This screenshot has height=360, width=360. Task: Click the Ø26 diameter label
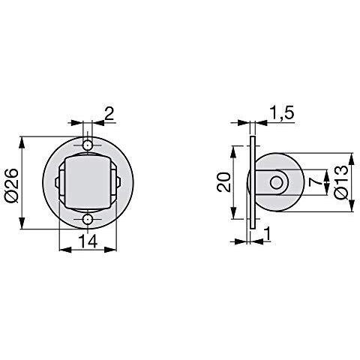[12, 185]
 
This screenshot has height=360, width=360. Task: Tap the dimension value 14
[88, 241]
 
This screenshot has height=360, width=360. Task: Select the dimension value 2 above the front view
[109, 115]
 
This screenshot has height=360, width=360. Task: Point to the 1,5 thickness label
[282, 114]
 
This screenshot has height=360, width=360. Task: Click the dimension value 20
[223, 182]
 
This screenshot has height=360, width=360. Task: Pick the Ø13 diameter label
[341, 182]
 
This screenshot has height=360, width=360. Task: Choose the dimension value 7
[314, 182]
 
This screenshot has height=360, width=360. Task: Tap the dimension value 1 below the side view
[268, 234]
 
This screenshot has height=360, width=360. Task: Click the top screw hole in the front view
[88, 145]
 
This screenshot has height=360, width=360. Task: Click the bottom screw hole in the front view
[88, 220]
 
